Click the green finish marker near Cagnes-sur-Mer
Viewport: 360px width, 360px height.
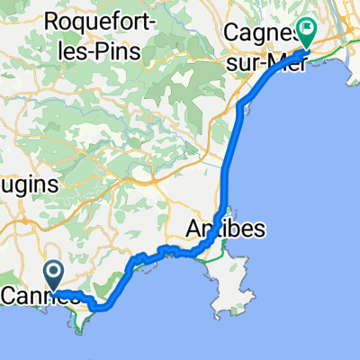[306, 31]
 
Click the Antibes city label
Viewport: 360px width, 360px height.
[226, 229]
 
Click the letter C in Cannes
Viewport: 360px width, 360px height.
[11, 296]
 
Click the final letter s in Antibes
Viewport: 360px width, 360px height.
[260, 229]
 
